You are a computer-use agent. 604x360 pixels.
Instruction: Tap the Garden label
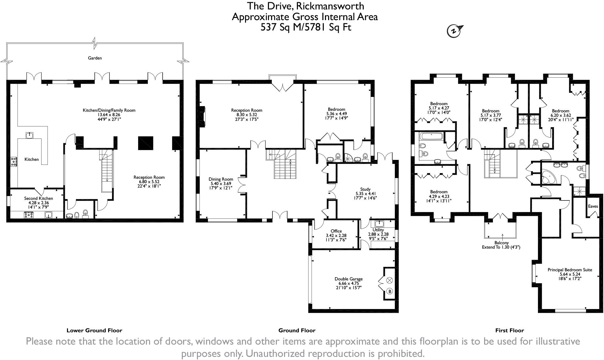click(95, 58)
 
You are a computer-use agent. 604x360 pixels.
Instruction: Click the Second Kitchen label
click(39, 198)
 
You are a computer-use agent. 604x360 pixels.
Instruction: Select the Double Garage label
click(349, 279)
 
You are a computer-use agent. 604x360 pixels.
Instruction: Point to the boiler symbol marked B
click(390, 291)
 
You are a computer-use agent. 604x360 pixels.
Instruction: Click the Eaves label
click(593, 206)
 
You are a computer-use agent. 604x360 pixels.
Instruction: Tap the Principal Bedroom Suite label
click(570, 270)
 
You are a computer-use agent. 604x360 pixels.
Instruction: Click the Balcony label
click(501, 243)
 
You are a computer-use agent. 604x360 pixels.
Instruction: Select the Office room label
click(336, 231)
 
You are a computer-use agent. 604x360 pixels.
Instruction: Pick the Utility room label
click(378, 230)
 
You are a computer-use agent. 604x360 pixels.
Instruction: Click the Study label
click(365, 189)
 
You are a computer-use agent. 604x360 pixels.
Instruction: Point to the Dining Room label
click(221, 179)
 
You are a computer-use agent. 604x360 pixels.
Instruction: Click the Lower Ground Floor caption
click(94, 330)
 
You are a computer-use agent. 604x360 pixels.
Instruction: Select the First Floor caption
click(510, 330)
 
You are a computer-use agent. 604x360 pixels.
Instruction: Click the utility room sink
click(378, 224)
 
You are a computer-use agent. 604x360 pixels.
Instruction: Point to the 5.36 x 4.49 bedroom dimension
click(337, 114)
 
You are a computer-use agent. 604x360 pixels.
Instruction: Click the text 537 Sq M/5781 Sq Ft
click(306, 27)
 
